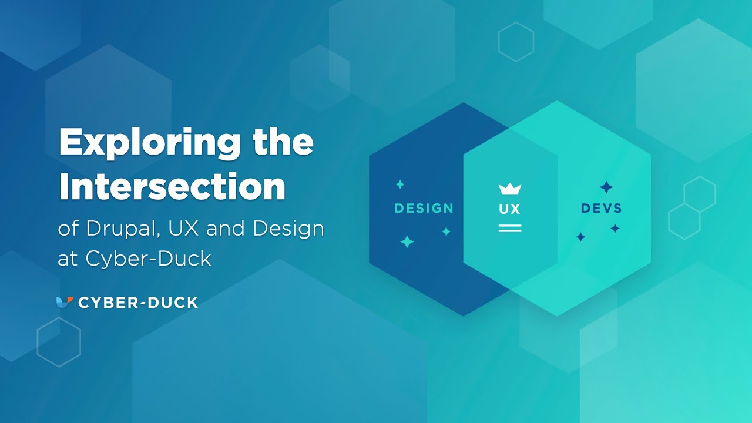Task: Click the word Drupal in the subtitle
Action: (123, 229)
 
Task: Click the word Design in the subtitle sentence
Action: (288, 229)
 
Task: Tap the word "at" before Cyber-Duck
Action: (68, 259)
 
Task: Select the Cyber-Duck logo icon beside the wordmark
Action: (64, 302)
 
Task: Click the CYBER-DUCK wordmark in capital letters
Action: (138, 303)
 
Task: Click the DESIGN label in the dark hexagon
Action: (424, 208)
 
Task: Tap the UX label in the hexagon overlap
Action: (510, 209)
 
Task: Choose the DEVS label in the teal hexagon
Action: (601, 208)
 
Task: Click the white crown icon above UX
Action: (510, 189)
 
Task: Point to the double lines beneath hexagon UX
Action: (510, 228)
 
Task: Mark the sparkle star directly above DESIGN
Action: (400, 184)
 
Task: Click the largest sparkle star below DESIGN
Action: (407, 241)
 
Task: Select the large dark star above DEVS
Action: (606, 187)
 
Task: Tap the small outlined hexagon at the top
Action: (516, 42)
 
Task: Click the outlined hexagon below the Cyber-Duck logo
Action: (59, 342)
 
